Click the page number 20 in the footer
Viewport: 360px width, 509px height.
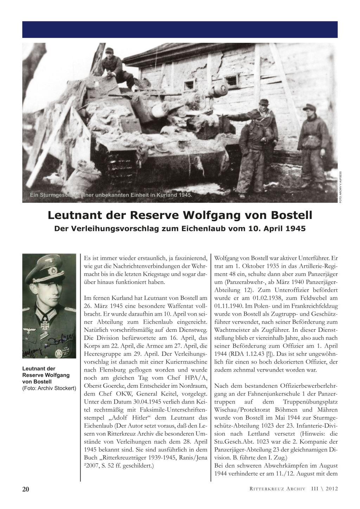click(26, 489)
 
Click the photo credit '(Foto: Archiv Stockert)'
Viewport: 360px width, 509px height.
click(49, 388)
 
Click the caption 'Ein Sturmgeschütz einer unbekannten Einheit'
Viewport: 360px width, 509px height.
click(110, 195)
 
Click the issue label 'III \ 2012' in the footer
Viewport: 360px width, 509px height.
click(324, 489)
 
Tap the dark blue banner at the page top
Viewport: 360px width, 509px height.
click(180, 30)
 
